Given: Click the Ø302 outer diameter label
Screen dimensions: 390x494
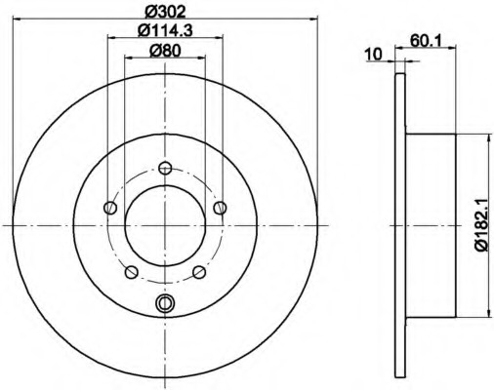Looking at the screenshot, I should pyautogui.click(x=165, y=9).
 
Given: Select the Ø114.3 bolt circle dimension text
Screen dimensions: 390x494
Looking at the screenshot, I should pyautogui.click(x=165, y=32).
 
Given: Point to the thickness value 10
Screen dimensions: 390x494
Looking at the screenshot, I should pyautogui.click(x=372, y=55).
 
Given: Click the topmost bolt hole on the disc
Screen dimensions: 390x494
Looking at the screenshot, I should pyautogui.click(x=165, y=168).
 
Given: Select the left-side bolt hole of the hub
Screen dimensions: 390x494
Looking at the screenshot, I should pyautogui.click(x=110, y=208).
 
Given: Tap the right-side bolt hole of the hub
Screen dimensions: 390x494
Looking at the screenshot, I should pyautogui.click(x=221, y=208).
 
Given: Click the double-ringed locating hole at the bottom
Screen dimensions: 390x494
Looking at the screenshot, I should pyautogui.click(x=165, y=303).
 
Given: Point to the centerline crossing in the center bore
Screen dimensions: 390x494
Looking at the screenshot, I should pyautogui.click(x=165, y=225).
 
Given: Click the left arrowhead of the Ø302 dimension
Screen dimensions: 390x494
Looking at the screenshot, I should pyautogui.click(x=17, y=17).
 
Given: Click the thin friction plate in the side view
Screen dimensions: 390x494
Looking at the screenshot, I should pyautogui.click(x=400, y=225).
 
